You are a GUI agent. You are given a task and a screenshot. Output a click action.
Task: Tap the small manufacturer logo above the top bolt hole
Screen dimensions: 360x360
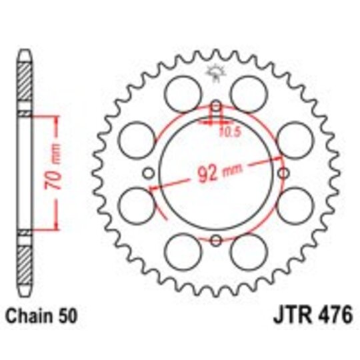[x=215, y=72]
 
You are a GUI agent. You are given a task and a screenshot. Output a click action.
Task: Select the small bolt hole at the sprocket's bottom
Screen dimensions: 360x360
[x=215, y=241]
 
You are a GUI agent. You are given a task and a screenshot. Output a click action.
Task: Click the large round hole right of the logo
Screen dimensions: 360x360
[x=249, y=88]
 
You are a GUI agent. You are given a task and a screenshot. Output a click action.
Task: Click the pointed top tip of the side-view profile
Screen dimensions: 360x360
[x=25, y=51]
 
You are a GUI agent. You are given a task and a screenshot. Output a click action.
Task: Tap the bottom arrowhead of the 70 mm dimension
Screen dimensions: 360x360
[x=47, y=227]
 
